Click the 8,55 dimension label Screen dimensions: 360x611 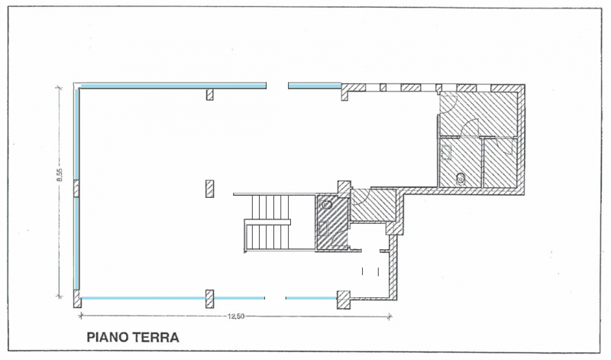click(59, 175)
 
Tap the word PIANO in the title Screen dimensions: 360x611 click(107, 336)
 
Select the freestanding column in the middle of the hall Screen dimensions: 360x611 click(209, 188)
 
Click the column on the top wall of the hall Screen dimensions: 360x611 click(209, 95)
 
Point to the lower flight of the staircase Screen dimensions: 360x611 click(267, 236)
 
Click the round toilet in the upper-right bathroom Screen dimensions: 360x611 click(460, 178)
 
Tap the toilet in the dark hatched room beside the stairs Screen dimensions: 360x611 click(327, 205)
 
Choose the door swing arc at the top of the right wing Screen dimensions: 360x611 click(449, 104)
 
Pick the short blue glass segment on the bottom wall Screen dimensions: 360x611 click(310, 297)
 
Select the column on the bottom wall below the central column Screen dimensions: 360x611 click(209, 298)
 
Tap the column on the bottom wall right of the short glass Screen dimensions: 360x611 click(344, 298)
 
